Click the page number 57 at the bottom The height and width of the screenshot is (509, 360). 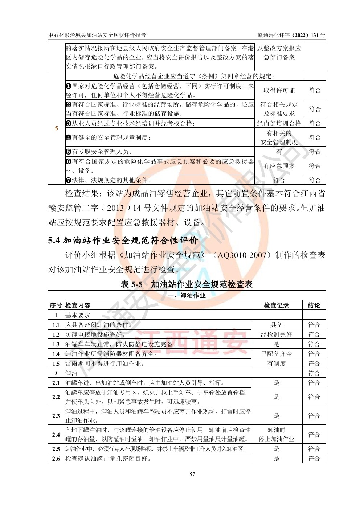[192, 474]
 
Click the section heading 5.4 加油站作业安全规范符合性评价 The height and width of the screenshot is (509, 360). [123, 240]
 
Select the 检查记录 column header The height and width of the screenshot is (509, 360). [276, 305]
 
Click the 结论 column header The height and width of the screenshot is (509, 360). [314, 305]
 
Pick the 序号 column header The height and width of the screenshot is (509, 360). [56, 305]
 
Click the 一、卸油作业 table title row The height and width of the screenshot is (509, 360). [187, 296]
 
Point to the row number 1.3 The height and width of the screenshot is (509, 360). [56, 344]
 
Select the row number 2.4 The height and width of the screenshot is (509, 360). [56, 435]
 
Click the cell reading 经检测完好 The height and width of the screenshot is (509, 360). [276, 334]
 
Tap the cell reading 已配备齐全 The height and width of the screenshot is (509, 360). [276, 354]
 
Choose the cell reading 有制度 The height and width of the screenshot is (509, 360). [276, 364]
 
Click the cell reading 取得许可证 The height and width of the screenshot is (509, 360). [279, 90]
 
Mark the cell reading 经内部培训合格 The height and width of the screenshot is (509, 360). [279, 123]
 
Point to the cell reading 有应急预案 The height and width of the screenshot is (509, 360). [279, 166]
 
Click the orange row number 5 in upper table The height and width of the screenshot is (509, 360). [56, 128]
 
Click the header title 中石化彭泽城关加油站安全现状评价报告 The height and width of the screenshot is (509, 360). [97, 35]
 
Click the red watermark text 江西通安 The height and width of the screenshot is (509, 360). [192, 341]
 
